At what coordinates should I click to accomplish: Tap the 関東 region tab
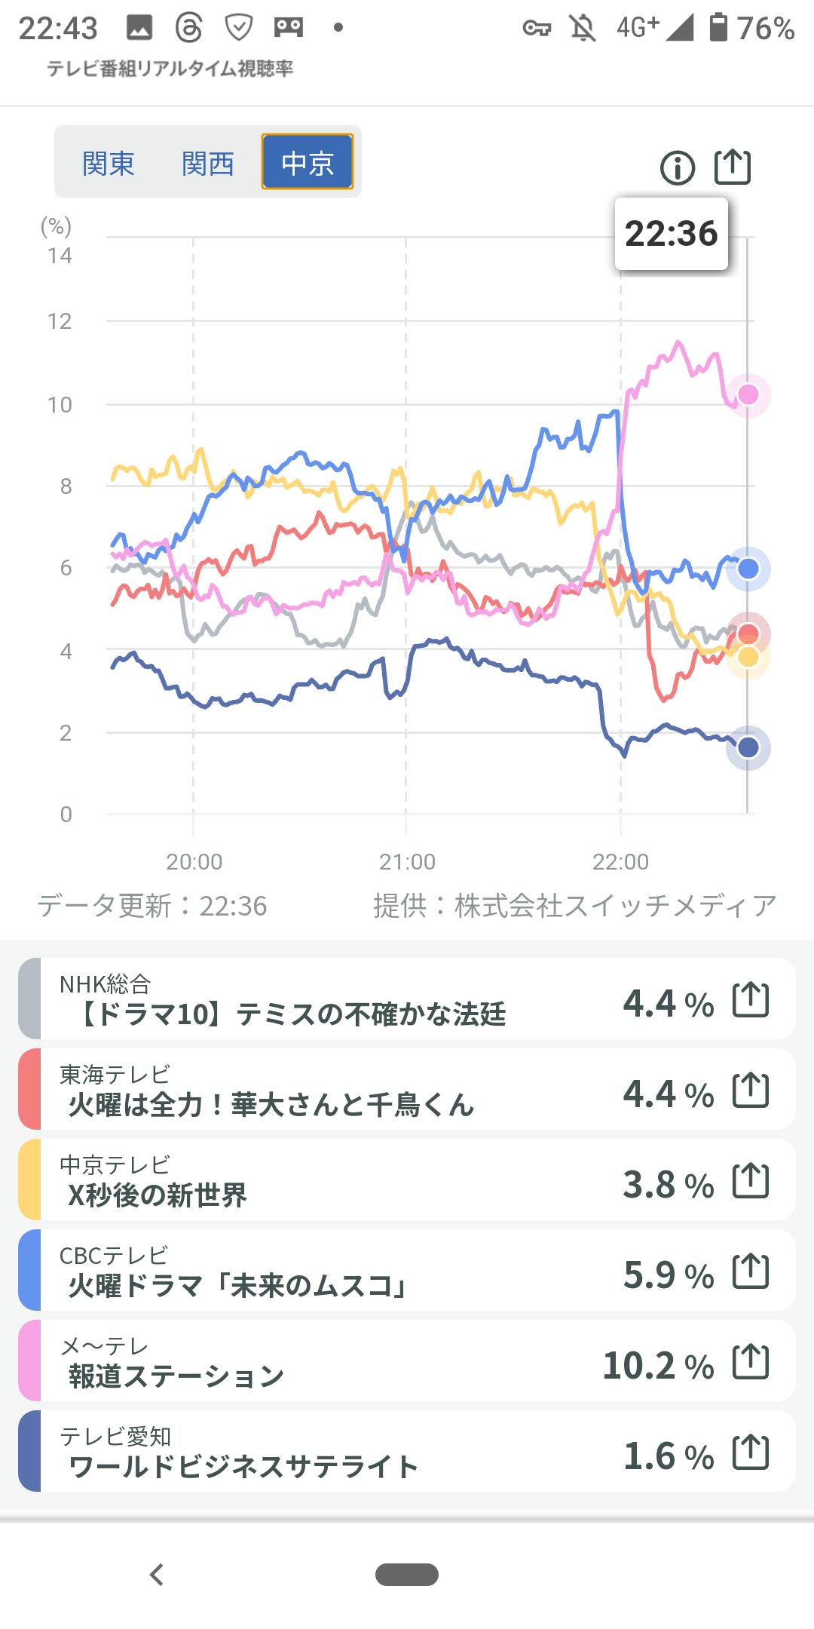tap(109, 163)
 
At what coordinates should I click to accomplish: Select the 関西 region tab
tap(208, 163)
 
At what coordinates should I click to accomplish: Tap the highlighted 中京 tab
tap(308, 162)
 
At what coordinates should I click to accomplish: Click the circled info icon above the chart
tap(678, 167)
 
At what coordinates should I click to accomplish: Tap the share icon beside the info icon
tap(733, 167)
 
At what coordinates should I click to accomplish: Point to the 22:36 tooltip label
tap(671, 234)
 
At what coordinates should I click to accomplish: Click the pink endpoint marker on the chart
tap(748, 394)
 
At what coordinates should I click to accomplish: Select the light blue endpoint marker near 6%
tap(748, 569)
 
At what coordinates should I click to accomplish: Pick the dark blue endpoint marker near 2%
tap(748, 747)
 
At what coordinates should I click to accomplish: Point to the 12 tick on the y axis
tap(60, 321)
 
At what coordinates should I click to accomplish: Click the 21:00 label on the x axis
tap(407, 861)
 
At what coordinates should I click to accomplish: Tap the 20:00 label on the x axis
tap(194, 861)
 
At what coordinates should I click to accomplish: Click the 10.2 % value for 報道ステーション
tap(658, 1366)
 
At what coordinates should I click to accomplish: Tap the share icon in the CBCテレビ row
tap(751, 1272)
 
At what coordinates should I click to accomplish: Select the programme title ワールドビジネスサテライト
tap(243, 1467)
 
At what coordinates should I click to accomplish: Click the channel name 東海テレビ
tap(115, 1074)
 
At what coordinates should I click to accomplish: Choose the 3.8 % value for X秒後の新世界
tap(668, 1185)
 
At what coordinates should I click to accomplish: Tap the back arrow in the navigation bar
tap(157, 1575)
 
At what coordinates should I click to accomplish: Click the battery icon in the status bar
tap(719, 28)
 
